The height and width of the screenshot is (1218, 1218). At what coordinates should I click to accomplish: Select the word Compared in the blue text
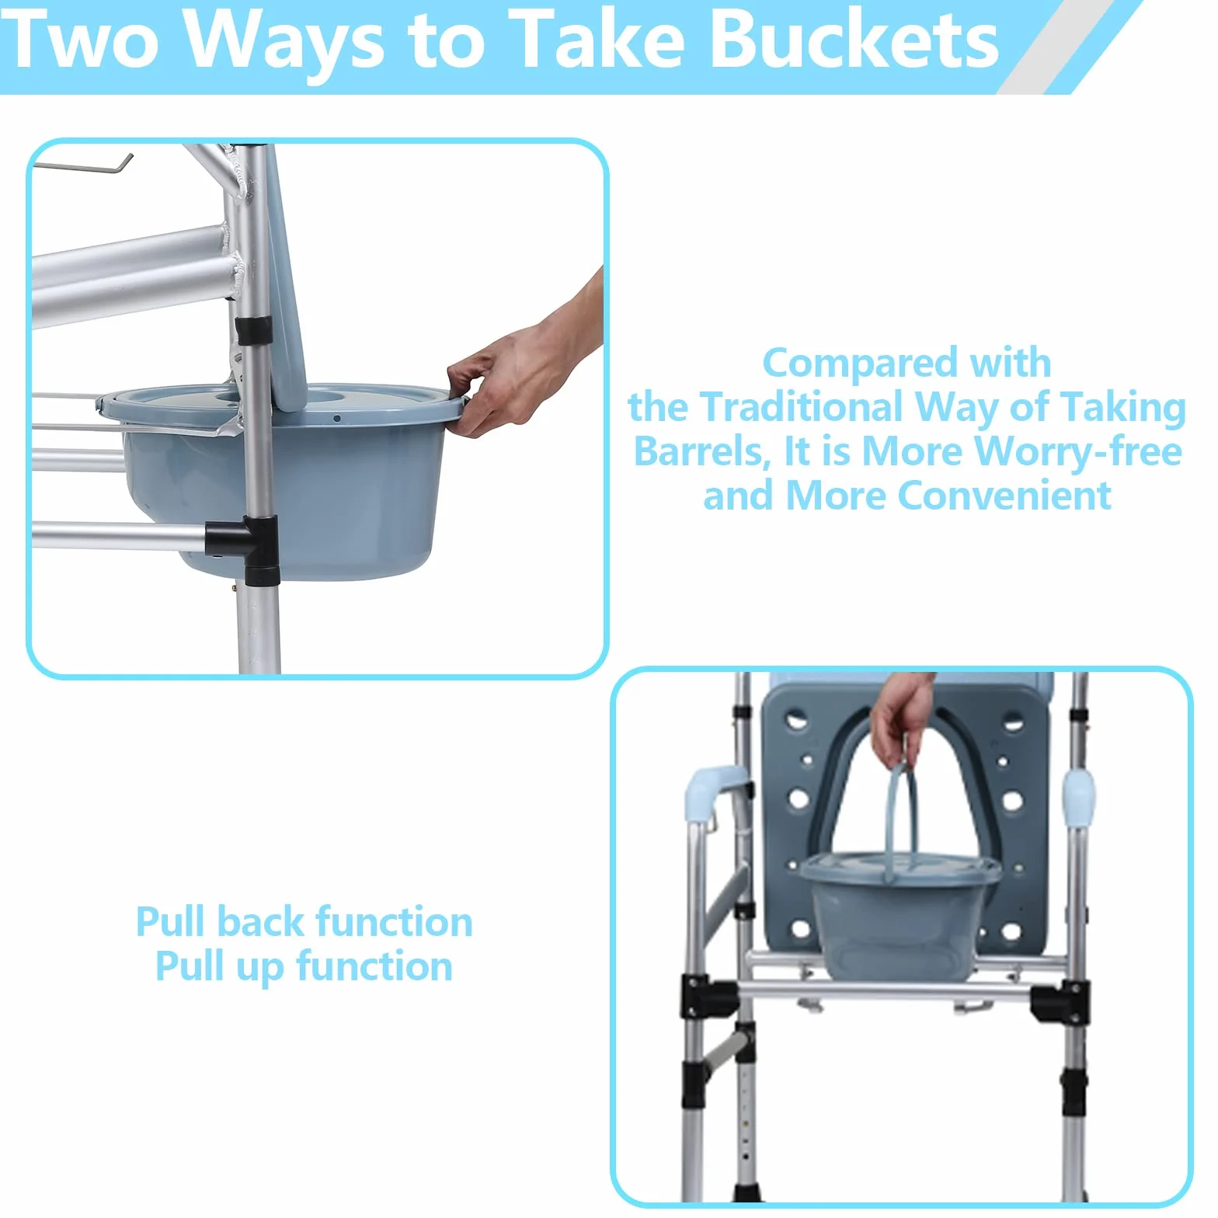click(x=860, y=364)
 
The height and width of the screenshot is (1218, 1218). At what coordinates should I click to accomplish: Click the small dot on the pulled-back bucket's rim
click(x=337, y=419)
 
